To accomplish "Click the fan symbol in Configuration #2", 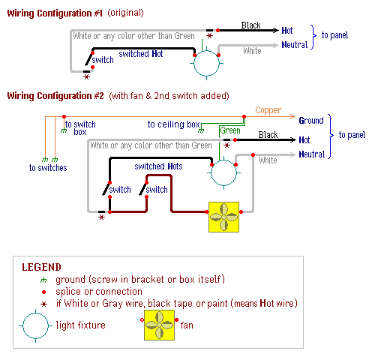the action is click(223, 217).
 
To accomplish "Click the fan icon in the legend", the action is click(159, 325).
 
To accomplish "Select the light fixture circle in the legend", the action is click(35, 313).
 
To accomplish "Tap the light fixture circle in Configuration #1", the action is click(206, 51).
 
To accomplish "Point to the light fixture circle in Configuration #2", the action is click(223, 160).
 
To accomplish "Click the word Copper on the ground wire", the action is click(268, 110).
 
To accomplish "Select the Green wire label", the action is click(230, 130).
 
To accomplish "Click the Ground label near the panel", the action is click(311, 121).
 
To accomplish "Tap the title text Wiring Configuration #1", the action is click(55, 13).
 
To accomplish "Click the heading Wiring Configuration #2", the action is click(55, 96).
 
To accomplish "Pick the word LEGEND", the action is click(41, 267).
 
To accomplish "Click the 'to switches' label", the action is click(48, 168).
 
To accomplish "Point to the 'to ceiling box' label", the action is click(173, 124).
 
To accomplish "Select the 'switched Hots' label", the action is click(158, 166).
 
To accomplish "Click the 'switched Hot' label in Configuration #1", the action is click(141, 54).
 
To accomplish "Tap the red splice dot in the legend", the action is click(44, 292).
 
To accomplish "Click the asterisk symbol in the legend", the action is click(44, 304).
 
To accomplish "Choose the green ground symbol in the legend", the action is click(43, 280).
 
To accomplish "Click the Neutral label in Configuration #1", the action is click(295, 45).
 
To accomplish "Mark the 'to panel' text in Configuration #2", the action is click(352, 135).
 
